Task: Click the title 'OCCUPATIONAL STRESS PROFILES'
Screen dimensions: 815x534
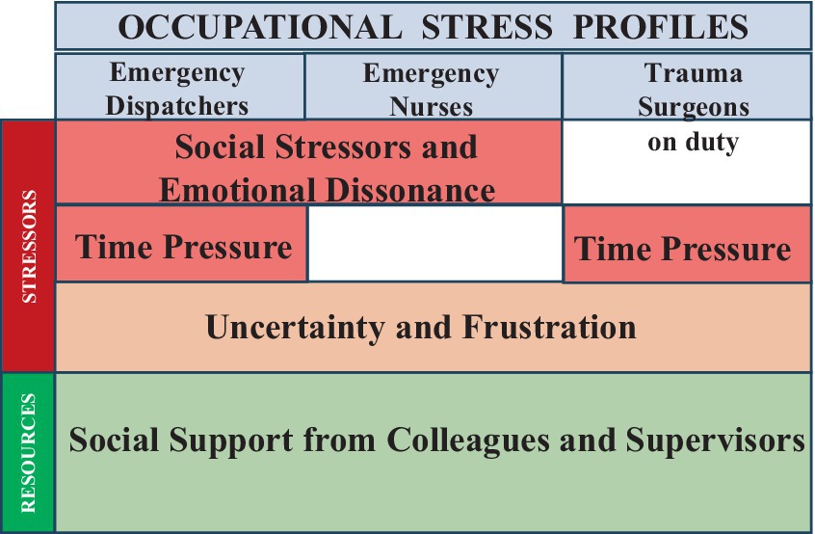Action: coord(433,27)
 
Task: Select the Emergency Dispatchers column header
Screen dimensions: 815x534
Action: coord(179,87)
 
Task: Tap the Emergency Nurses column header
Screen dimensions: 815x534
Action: coord(433,87)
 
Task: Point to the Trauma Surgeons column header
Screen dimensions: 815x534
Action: coord(687,87)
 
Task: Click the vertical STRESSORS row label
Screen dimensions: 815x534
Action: coord(29,246)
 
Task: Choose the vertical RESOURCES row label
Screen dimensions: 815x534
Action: coord(28,453)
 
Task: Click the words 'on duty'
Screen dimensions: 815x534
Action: coord(693,142)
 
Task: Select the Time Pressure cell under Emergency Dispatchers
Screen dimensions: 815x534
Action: coord(181,244)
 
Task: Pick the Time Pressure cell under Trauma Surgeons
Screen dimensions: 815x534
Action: coord(687,245)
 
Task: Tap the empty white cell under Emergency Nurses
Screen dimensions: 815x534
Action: coord(435,243)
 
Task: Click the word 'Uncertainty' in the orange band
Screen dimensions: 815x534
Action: coord(295,328)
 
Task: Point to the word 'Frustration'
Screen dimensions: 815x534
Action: coord(549,327)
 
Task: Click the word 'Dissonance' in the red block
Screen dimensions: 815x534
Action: coord(410,190)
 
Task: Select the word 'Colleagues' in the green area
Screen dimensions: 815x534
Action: coord(468,441)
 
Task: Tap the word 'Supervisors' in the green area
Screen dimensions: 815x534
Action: coord(715,440)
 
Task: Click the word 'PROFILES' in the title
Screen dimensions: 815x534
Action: coord(661,27)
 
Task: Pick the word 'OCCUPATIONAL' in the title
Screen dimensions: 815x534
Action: coord(260,27)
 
